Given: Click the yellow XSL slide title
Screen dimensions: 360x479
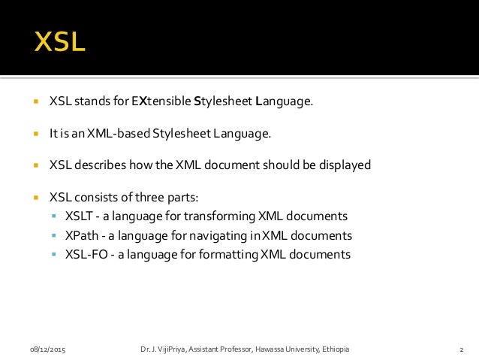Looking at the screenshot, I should click(59, 41).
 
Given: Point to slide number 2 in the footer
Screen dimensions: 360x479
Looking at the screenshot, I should click(460, 349).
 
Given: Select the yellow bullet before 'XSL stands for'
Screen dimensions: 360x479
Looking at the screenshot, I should click(35, 102).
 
